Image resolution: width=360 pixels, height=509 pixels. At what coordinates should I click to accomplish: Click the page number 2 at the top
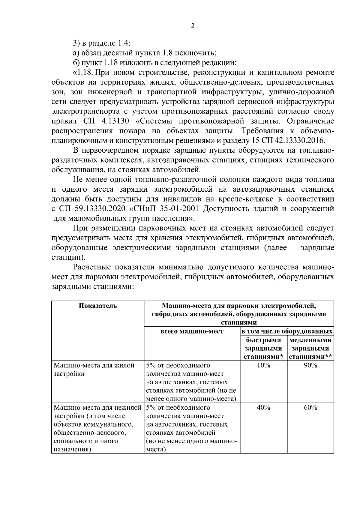[193, 26]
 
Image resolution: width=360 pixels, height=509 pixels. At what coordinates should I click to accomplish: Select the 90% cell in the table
[310, 365]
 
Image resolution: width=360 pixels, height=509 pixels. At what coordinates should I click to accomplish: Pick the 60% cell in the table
[310, 408]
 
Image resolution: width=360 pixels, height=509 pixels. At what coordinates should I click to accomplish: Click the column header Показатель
[98, 306]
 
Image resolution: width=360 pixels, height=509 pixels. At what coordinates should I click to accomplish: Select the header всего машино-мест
[192, 331]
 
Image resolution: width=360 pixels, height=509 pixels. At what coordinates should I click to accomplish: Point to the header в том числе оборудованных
[287, 331]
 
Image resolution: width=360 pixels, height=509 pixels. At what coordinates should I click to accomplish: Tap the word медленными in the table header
[310, 340]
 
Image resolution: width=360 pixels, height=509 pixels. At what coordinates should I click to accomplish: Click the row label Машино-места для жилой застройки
[94, 370]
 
